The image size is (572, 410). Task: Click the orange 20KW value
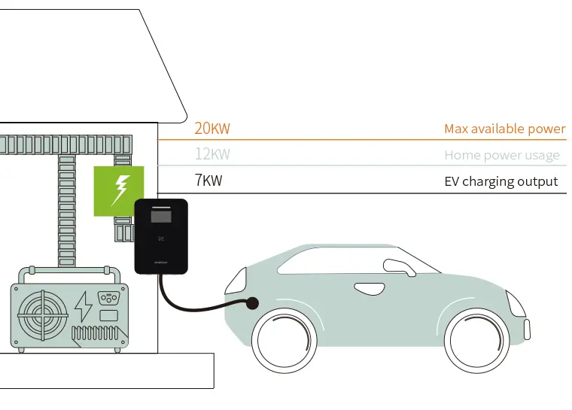click(212, 129)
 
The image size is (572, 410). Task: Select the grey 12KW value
click(212, 155)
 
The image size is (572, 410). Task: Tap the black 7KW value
click(208, 181)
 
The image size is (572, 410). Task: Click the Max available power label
click(504, 129)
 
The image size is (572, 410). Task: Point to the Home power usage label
click(501, 156)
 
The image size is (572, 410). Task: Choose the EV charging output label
click(500, 182)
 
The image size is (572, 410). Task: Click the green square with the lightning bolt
click(119, 191)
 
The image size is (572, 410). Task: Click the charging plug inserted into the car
click(251, 303)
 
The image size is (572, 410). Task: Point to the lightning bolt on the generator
click(84, 306)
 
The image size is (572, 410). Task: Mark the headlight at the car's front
click(516, 304)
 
